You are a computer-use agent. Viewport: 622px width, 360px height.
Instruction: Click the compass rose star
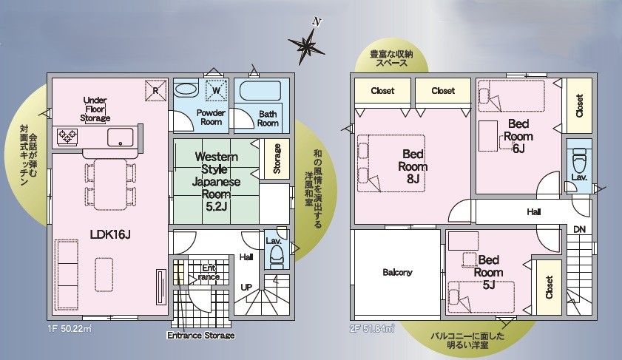(306, 46)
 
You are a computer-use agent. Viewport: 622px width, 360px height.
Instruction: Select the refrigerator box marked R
(155, 90)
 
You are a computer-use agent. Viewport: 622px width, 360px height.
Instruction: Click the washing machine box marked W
(216, 90)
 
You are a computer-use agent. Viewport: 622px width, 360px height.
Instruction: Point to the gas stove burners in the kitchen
(67, 137)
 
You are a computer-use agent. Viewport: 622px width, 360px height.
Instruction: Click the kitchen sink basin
(121, 137)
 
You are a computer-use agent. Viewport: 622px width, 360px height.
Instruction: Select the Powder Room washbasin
(186, 89)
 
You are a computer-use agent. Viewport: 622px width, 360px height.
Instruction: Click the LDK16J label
(110, 234)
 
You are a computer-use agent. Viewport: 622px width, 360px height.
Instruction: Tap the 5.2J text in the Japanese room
(216, 206)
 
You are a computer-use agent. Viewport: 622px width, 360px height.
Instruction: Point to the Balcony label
(397, 272)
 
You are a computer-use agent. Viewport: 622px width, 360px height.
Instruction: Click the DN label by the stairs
(579, 229)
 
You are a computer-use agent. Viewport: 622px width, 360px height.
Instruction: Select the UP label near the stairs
(246, 287)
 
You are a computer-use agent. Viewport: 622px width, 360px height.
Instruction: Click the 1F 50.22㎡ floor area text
(70, 329)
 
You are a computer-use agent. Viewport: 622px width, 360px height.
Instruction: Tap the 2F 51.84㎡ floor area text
(372, 329)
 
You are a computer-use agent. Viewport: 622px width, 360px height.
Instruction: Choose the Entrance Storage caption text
(200, 336)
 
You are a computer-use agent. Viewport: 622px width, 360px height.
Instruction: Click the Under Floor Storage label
(95, 109)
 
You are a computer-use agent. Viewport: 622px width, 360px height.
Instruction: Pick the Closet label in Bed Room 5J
(549, 287)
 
